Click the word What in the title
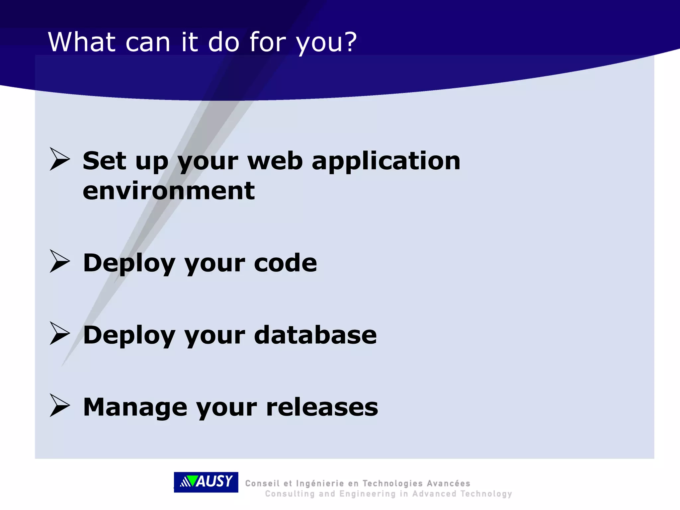pyautogui.click(x=82, y=42)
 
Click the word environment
pyautogui.click(x=169, y=191)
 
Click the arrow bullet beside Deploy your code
pyautogui.click(x=60, y=261)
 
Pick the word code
pyautogui.click(x=285, y=263)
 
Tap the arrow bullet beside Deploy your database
pyautogui.click(x=60, y=333)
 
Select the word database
pyautogui.click(x=315, y=335)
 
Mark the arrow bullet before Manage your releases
pyautogui.click(x=60, y=405)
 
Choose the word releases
pyautogui.click(x=322, y=407)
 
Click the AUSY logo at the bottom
pyautogui.click(x=206, y=482)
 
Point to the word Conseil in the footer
pyautogui.click(x=262, y=483)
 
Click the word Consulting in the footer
pyautogui.click(x=290, y=494)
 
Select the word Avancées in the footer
pyautogui.click(x=448, y=483)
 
